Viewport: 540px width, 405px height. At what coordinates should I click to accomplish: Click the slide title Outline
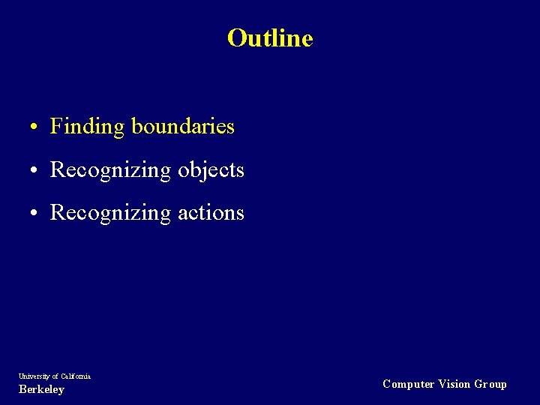click(270, 37)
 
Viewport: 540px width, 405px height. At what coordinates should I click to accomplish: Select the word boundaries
click(183, 126)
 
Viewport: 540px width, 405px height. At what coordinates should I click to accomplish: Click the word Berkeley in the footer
click(41, 389)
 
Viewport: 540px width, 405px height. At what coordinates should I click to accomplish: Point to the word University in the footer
click(34, 376)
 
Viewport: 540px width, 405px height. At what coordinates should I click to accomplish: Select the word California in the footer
click(76, 376)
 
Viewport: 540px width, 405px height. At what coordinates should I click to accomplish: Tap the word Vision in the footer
click(455, 384)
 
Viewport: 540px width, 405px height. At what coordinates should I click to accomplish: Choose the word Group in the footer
click(490, 384)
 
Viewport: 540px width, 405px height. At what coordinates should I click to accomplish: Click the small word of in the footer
click(55, 376)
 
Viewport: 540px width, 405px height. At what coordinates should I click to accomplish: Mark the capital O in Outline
click(236, 37)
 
